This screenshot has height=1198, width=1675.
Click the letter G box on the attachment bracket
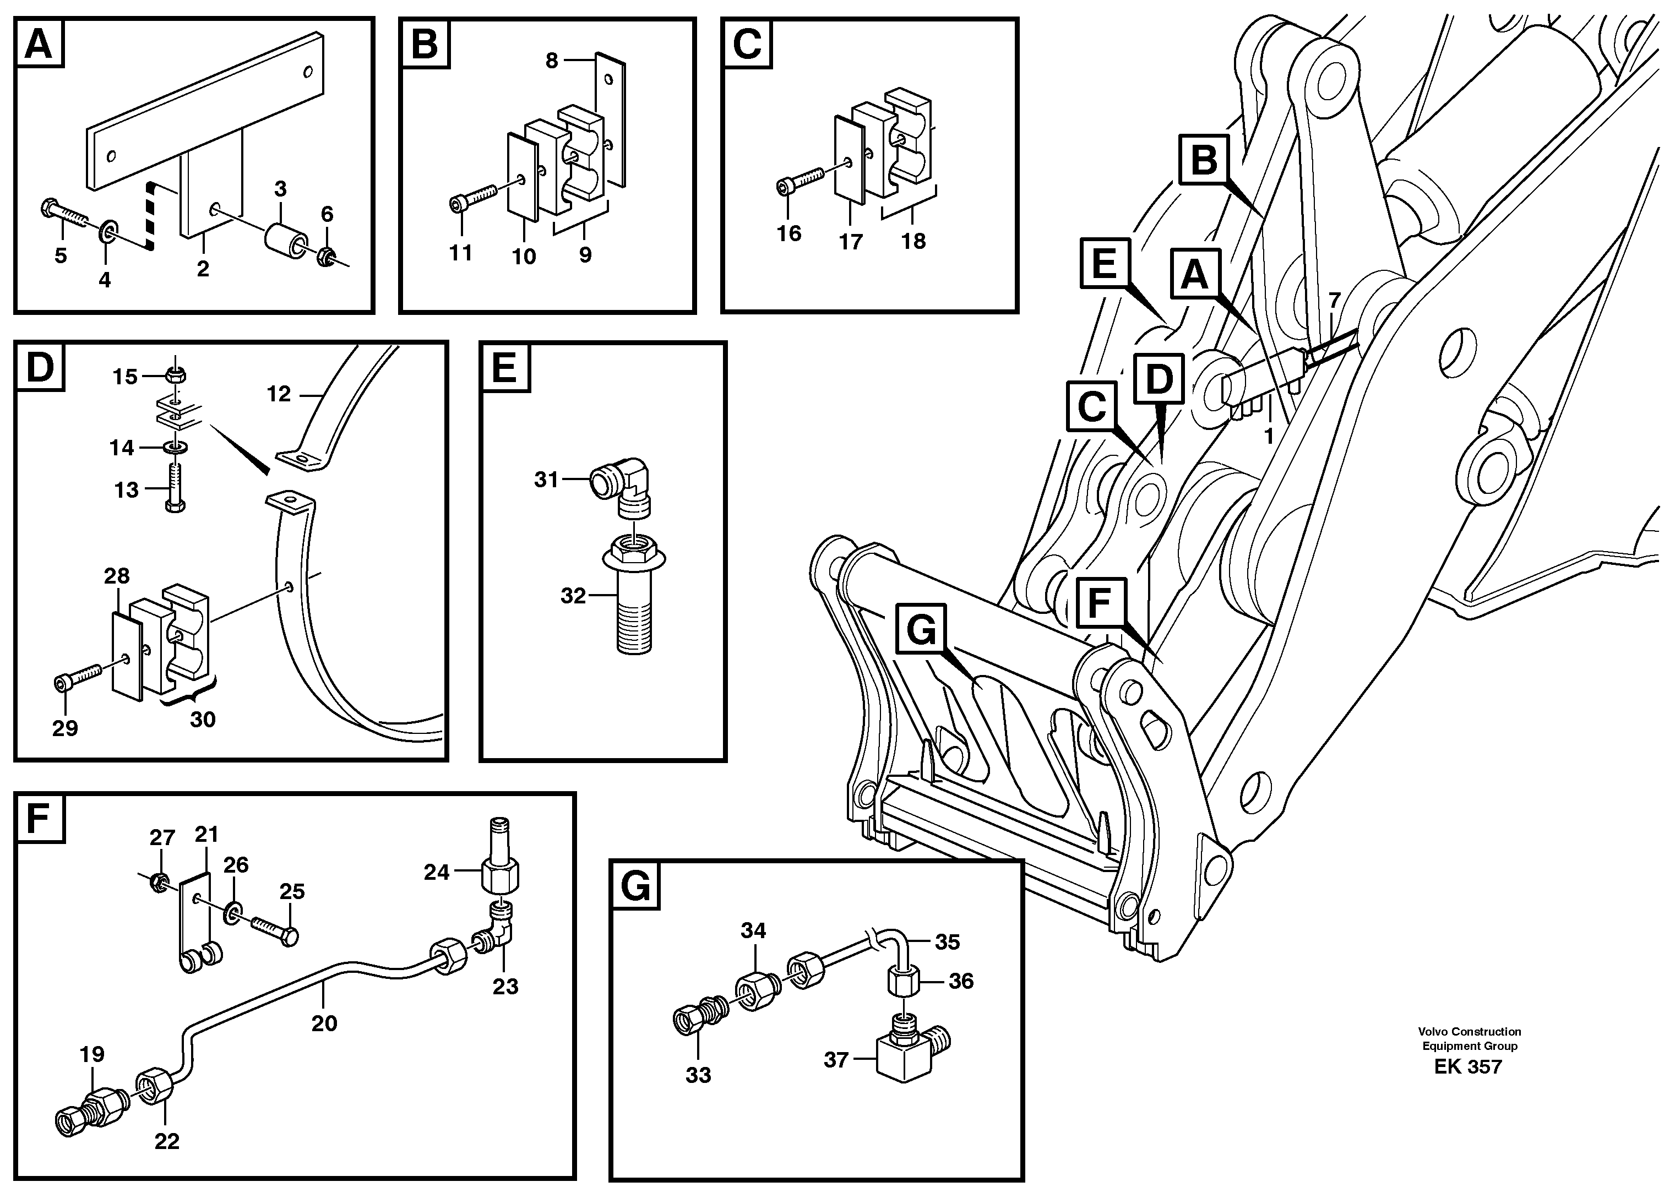pyautogui.click(x=921, y=630)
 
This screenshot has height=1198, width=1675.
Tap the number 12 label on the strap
pyautogui.click(x=279, y=394)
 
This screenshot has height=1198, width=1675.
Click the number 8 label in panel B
pyautogui.click(x=552, y=61)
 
